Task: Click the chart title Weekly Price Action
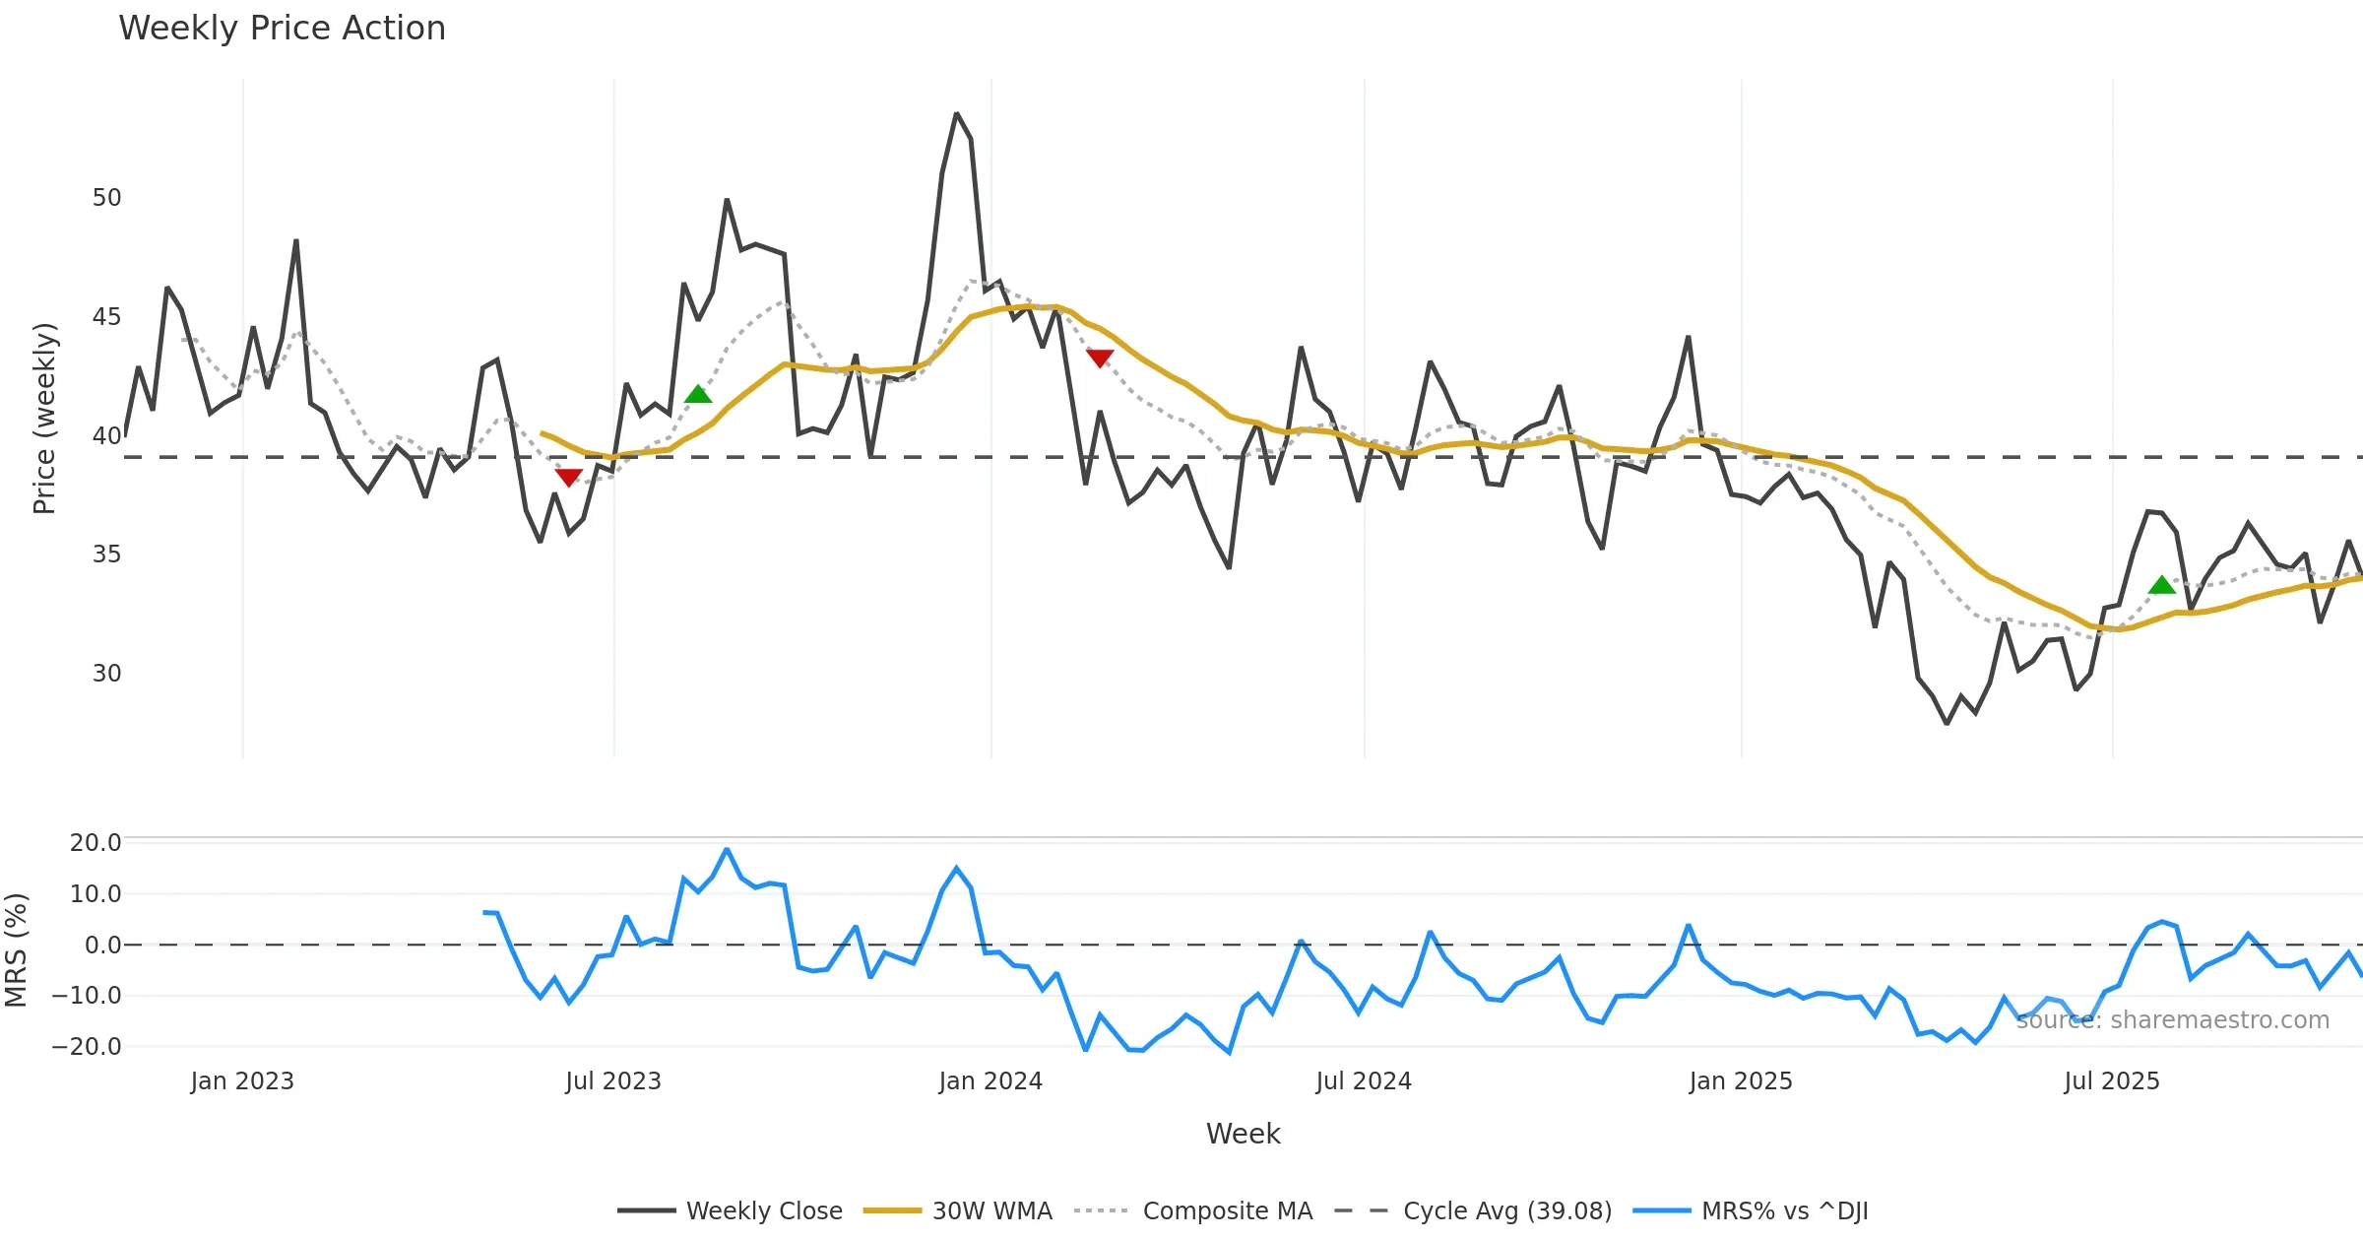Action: (282, 29)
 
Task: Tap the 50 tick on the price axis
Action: (106, 198)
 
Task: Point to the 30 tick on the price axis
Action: (106, 674)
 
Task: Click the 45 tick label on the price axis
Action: (106, 317)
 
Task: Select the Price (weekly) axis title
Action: (45, 419)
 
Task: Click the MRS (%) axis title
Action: (17, 949)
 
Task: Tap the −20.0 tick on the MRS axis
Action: (87, 1047)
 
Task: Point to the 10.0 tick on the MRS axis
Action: (95, 894)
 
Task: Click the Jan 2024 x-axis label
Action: (990, 1081)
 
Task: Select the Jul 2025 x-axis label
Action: (2112, 1081)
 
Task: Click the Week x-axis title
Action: (1243, 1135)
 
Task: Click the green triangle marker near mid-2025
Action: (2162, 585)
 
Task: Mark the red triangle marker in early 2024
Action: (1100, 359)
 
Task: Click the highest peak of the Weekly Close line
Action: (956, 114)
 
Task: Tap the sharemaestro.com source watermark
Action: (2172, 1020)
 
